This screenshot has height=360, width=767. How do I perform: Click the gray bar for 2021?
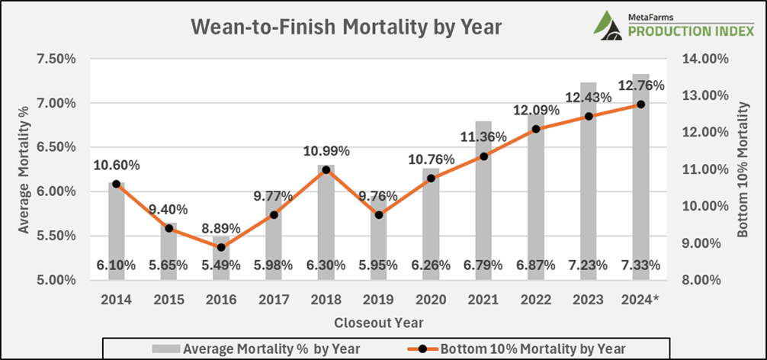[x=484, y=206]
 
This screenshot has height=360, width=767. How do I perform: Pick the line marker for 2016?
[x=220, y=247]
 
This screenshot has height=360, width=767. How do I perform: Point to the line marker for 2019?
[x=379, y=215]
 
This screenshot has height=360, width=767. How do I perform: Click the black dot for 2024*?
[x=641, y=104]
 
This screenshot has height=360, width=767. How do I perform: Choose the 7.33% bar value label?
[x=641, y=265]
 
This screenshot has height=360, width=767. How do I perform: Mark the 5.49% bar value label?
[x=220, y=265]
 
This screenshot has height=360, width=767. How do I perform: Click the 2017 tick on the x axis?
[x=273, y=300]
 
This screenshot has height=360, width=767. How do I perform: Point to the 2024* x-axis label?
[x=641, y=300]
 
